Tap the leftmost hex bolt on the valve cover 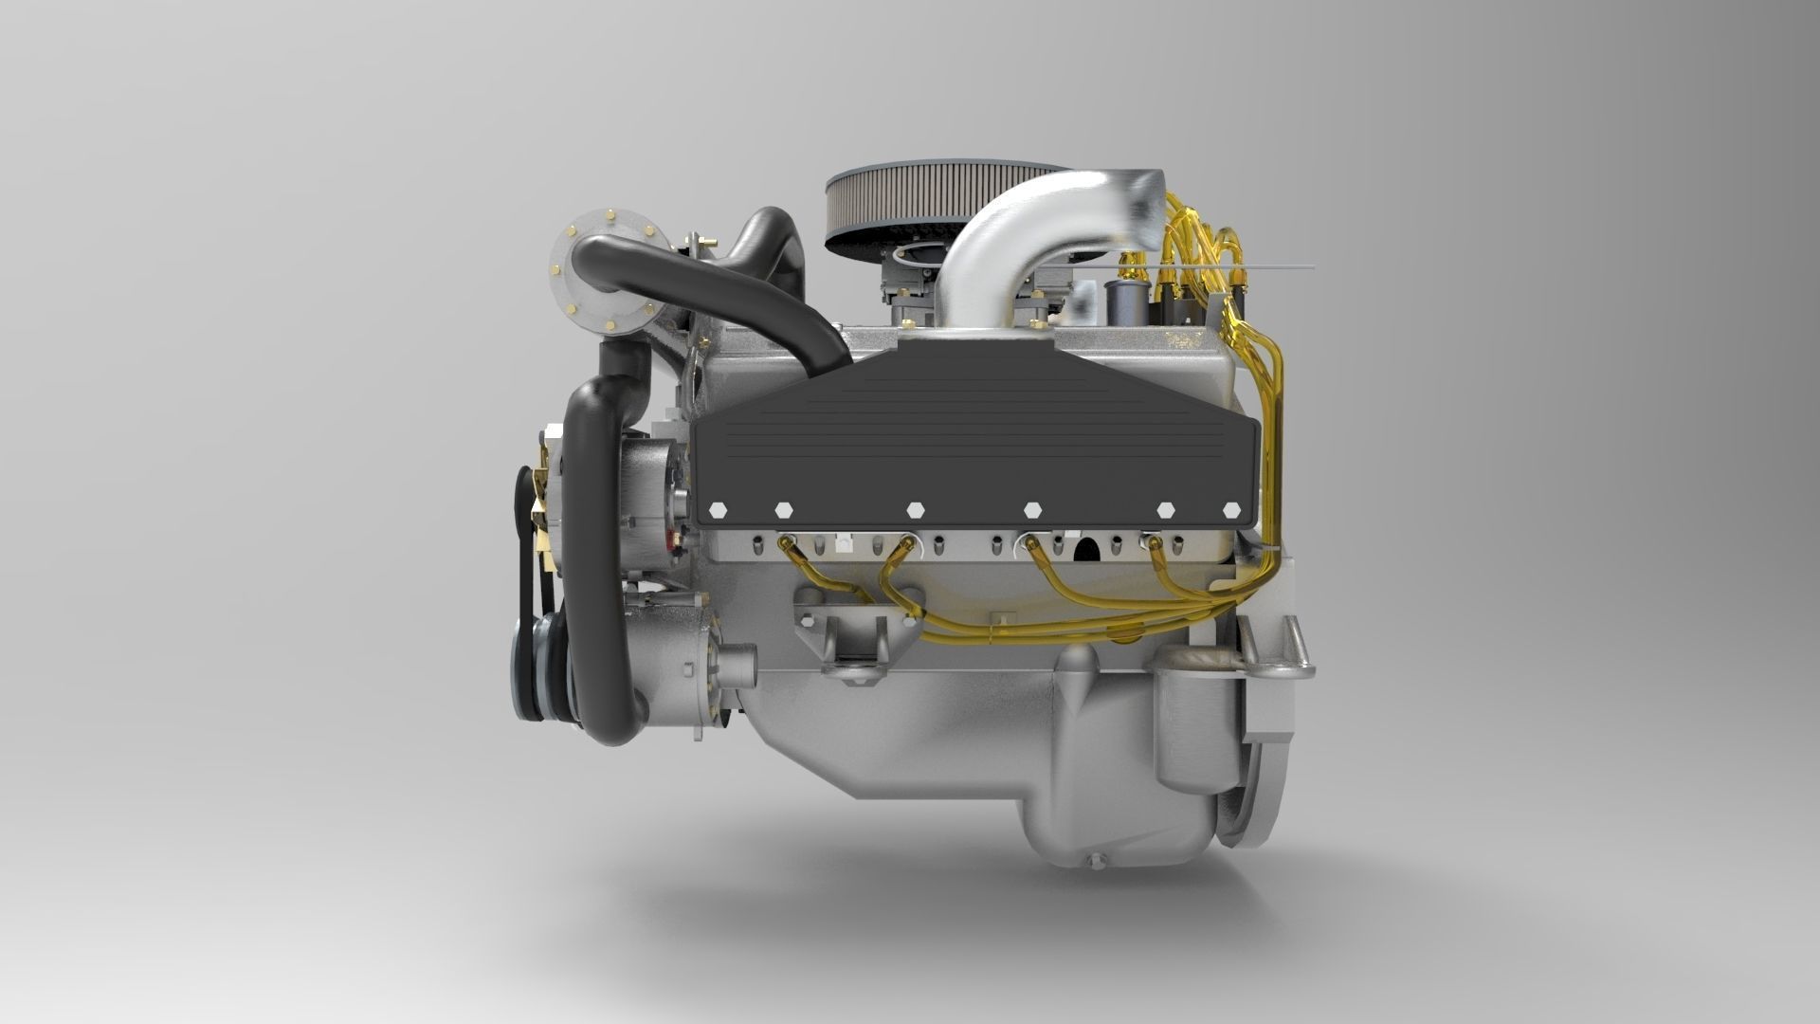[x=718, y=509]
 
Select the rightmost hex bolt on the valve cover [x=1231, y=509]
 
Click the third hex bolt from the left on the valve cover [x=914, y=509]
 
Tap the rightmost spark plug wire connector [x=1154, y=542]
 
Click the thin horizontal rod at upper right [x=1261, y=267]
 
